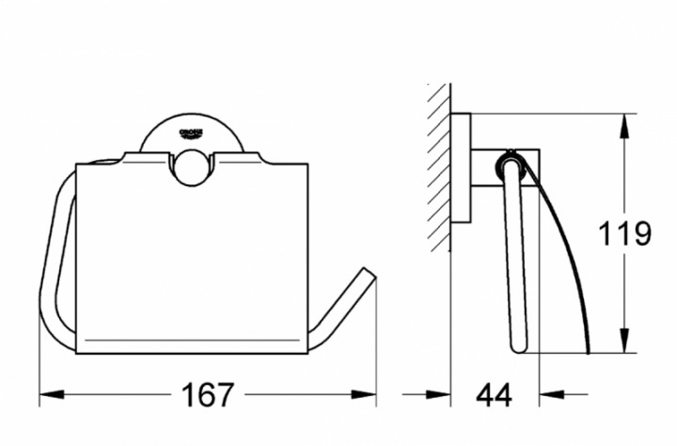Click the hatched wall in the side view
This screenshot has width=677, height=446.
pos(437,169)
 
